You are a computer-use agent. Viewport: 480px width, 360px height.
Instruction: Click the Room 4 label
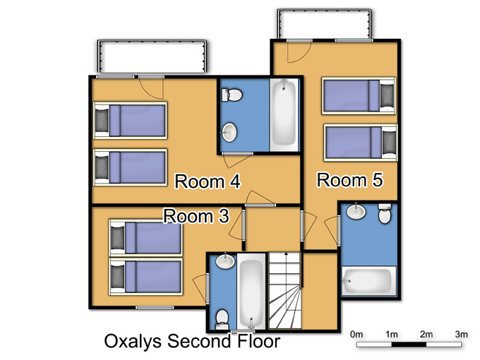tap(208, 181)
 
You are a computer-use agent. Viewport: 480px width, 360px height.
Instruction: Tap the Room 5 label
tap(350, 180)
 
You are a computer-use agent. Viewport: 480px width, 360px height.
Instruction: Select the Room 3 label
tap(196, 216)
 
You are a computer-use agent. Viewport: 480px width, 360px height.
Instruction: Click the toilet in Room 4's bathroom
tap(232, 95)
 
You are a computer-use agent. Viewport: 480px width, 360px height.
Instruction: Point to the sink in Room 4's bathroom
tap(229, 132)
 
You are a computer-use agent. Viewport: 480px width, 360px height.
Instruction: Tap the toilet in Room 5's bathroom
tap(385, 213)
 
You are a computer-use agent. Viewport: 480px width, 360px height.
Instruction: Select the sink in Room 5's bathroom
tap(356, 211)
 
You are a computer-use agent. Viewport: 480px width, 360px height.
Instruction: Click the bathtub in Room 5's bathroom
tap(369, 281)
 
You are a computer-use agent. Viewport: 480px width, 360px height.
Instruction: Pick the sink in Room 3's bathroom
tap(225, 261)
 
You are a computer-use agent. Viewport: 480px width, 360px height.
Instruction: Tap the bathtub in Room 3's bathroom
tap(251, 291)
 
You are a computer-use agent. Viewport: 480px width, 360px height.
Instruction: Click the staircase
tap(284, 291)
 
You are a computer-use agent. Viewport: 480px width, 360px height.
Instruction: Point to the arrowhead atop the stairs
tap(286, 254)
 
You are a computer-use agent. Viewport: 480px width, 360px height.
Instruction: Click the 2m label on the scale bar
tap(426, 335)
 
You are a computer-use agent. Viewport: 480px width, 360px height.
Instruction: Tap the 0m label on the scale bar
tap(356, 335)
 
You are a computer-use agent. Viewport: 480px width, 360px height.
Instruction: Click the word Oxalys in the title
tap(133, 342)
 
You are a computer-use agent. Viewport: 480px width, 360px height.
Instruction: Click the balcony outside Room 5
tap(325, 24)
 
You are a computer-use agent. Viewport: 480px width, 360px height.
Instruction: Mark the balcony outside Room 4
tap(152, 57)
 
